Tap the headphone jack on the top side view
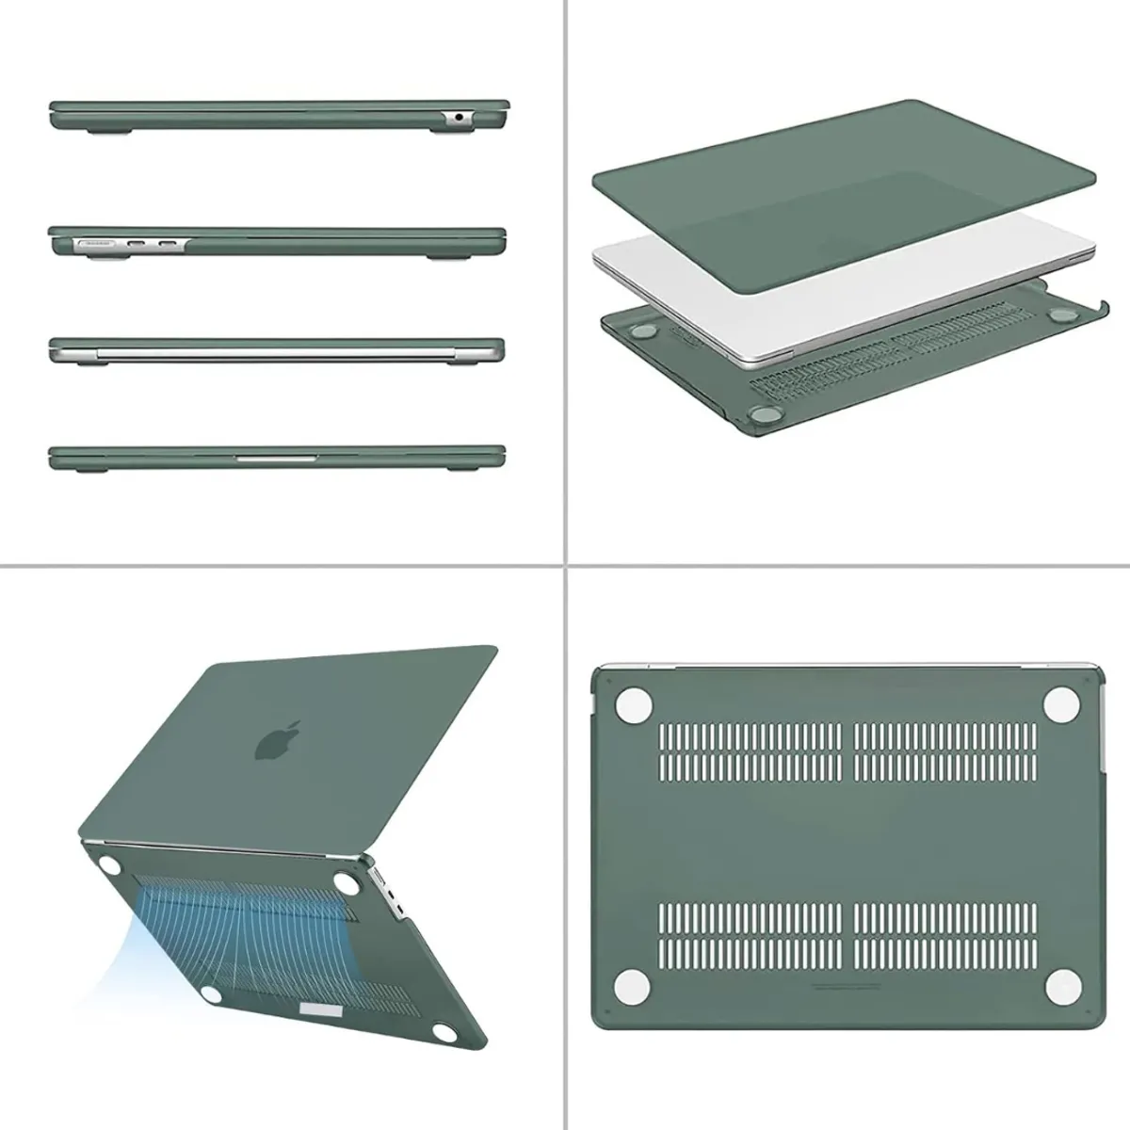point(459,118)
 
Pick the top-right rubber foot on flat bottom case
point(1062,700)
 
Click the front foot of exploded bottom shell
point(759,413)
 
